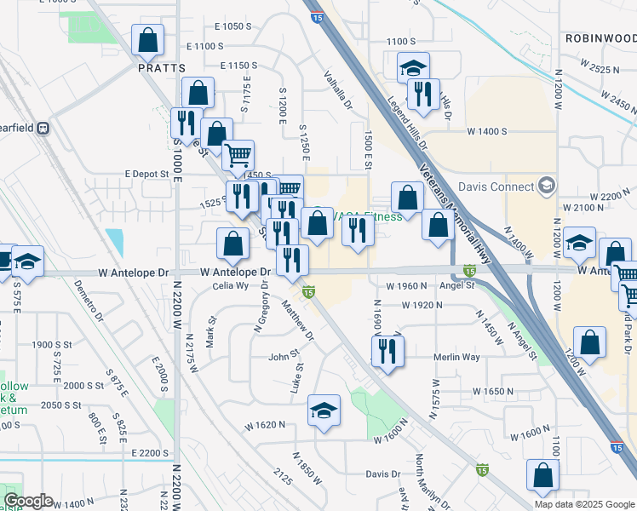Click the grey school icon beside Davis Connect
[x=546, y=186]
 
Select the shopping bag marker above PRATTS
[x=148, y=39]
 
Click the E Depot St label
[x=147, y=174]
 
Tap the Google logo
[x=28, y=501]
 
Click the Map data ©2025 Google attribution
[x=584, y=504]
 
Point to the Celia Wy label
[x=232, y=286]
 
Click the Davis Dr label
[x=382, y=474]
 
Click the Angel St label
[x=457, y=286]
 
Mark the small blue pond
[x=114, y=242]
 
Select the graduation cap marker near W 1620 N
[x=324, y=411]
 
